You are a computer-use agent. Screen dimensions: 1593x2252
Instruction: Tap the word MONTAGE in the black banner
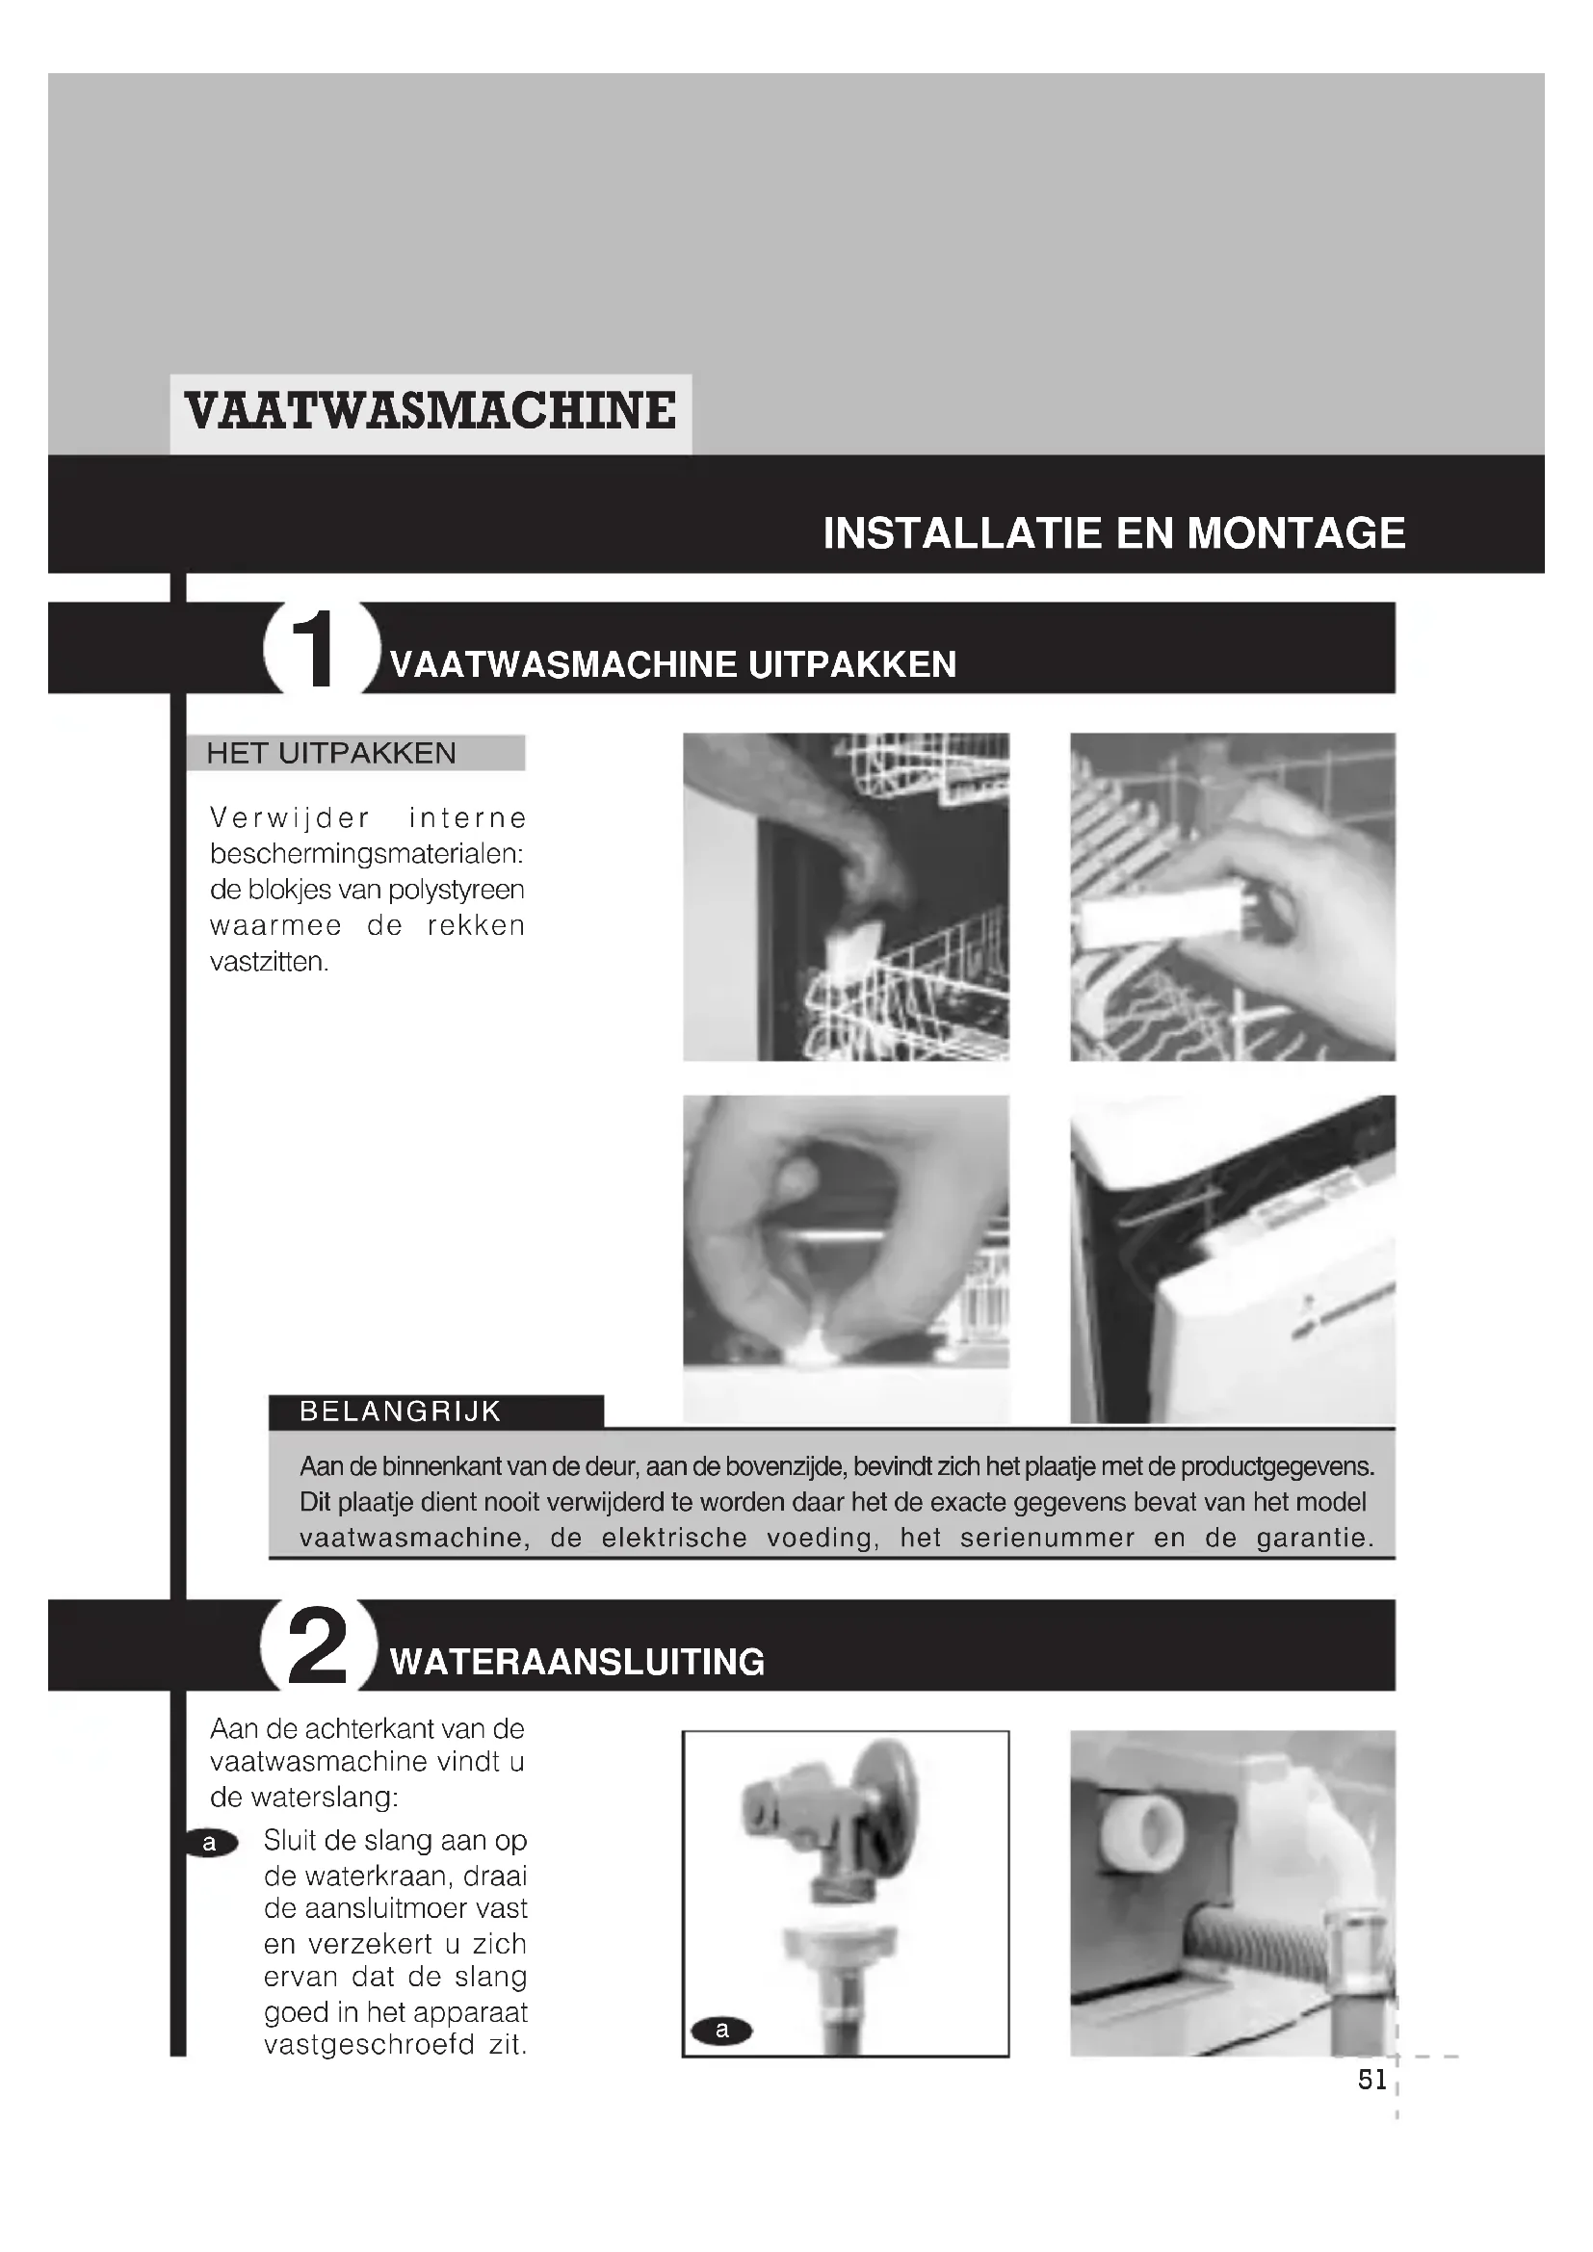click(x=1295, y=533)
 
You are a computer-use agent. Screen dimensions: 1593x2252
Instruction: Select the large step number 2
click(x=317, y=1647)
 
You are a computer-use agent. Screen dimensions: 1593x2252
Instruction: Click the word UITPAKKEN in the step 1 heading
click(x=851, y=665)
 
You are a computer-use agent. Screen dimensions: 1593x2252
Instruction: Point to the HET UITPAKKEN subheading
click(x=331, y=753)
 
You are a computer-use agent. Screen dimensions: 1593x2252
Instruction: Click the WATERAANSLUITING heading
click(x=577, y=1663)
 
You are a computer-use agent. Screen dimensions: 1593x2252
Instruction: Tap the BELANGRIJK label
click(x=401, y=1411)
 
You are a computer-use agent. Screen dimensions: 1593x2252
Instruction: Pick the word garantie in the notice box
click(x=1315, y=1538)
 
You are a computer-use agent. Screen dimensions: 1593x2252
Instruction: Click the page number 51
click(x=1372, y=2080)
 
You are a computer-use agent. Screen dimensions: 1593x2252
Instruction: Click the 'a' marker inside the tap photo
click(x=722, y=2031)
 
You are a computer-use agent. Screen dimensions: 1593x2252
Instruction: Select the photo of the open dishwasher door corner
click(x=1232, y=1258)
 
